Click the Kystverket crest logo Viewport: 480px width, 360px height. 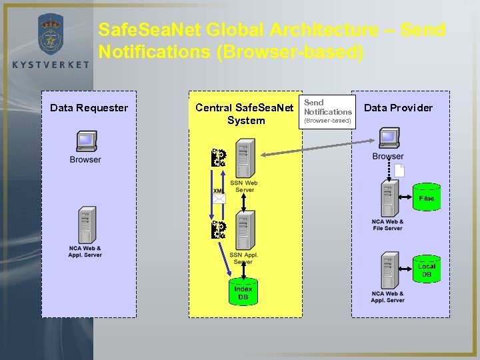coord(51,35)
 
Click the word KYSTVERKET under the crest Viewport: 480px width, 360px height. coord(51,64)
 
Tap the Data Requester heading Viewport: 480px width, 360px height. coord(89,108)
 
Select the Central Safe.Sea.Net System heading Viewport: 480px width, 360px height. coord(245,114)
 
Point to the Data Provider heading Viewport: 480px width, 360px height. coord(398,108)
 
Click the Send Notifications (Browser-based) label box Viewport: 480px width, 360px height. coord(327,111)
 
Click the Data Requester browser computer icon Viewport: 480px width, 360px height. coord(86,142)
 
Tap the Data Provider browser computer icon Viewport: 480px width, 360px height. coord(389,139)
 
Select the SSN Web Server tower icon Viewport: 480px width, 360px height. coord(245,159)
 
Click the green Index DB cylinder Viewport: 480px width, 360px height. coord(243,292)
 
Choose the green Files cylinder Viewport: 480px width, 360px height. coord(426,197)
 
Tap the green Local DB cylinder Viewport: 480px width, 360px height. coord(426,269)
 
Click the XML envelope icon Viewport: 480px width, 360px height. coord(219,197)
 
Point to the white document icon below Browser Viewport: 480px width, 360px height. coord(399,170)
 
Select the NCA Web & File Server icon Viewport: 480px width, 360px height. coord(388,199)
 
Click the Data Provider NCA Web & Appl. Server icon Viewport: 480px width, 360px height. coord(388,270)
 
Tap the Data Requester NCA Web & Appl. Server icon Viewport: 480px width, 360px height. coord(85,226)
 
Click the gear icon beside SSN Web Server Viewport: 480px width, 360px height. coord(218,158)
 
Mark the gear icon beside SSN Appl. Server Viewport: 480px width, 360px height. coord(218,230)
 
